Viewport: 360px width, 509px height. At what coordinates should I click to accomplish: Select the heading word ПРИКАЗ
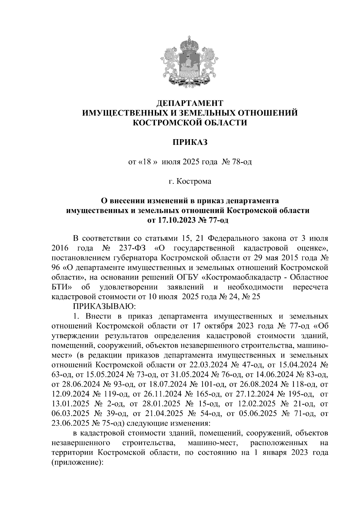[190, 142]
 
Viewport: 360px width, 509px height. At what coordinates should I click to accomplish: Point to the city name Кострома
[194, 181]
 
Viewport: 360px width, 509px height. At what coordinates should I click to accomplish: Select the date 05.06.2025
[258, 414]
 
